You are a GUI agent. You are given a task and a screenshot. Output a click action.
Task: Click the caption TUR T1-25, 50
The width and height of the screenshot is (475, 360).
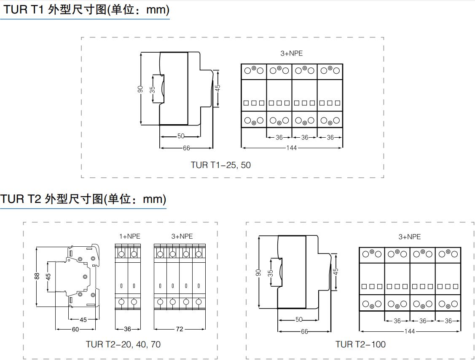tap(220, 165)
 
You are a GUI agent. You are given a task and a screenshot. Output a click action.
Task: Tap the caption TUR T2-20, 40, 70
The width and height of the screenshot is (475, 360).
tap(123, 344)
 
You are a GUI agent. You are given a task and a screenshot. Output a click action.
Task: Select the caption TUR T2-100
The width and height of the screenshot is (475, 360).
tap(360, 344)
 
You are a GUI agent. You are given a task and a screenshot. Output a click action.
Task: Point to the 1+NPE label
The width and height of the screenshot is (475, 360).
tap(129, 237)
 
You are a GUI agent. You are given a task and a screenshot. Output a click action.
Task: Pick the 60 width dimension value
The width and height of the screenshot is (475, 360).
tap(75, 329)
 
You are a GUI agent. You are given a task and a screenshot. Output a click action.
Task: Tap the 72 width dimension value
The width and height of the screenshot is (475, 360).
tap(180, 329)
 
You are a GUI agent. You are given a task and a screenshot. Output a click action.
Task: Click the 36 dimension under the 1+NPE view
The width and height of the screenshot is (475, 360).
tap(127, 329)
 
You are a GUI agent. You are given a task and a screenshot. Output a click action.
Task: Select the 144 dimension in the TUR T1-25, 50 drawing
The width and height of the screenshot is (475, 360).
tap(291, 148)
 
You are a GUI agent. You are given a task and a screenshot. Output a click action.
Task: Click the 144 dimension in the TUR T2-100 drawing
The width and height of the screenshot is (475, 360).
tap(409, 331)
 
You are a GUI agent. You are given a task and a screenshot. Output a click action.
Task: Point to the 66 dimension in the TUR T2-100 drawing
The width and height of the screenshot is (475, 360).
tap(304, 332)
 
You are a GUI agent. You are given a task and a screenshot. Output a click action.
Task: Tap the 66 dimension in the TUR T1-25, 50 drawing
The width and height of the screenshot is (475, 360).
tap(186, 148)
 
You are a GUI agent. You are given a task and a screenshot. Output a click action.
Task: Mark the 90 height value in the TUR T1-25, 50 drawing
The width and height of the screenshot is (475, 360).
tap(141, 89)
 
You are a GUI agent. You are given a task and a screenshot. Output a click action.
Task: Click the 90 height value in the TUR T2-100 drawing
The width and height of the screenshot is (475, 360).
tap(259, 273)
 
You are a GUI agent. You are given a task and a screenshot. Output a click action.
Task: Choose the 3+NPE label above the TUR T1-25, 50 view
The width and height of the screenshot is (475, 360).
tap(292, 53)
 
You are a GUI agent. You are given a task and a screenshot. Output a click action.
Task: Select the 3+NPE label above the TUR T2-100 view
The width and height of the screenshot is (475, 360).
tap(410, 237)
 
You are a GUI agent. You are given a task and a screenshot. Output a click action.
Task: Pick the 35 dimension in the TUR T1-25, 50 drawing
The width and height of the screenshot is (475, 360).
tap(153, 89)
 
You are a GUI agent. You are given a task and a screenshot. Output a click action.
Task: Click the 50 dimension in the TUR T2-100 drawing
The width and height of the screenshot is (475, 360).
tap(299, 320)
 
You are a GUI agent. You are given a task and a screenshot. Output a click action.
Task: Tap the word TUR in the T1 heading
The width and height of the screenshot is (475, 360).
tap(16, 10)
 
